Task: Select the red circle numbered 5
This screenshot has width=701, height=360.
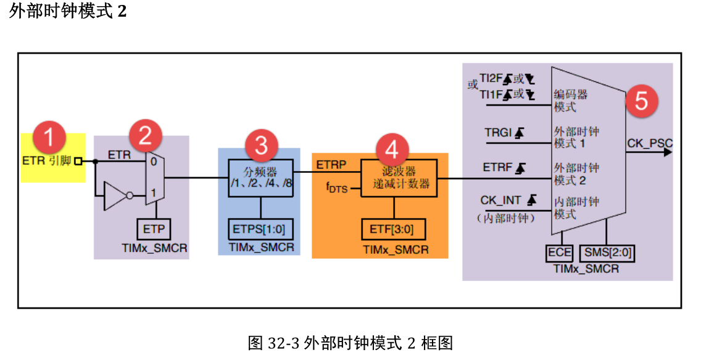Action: click(641, 101)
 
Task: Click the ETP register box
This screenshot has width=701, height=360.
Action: click(154, 229)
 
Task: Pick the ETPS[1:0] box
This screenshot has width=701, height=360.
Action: click(260, 229)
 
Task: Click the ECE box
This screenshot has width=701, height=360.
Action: click(560, 253)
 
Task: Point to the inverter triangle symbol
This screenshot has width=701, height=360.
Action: click(115, 196)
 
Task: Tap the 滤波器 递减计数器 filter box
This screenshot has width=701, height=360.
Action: click(399, 178)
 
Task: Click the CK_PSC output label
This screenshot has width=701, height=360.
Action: click(649, 143)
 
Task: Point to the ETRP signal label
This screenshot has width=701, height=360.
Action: click(331, 165)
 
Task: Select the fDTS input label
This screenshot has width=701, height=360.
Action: click(337, 187)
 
